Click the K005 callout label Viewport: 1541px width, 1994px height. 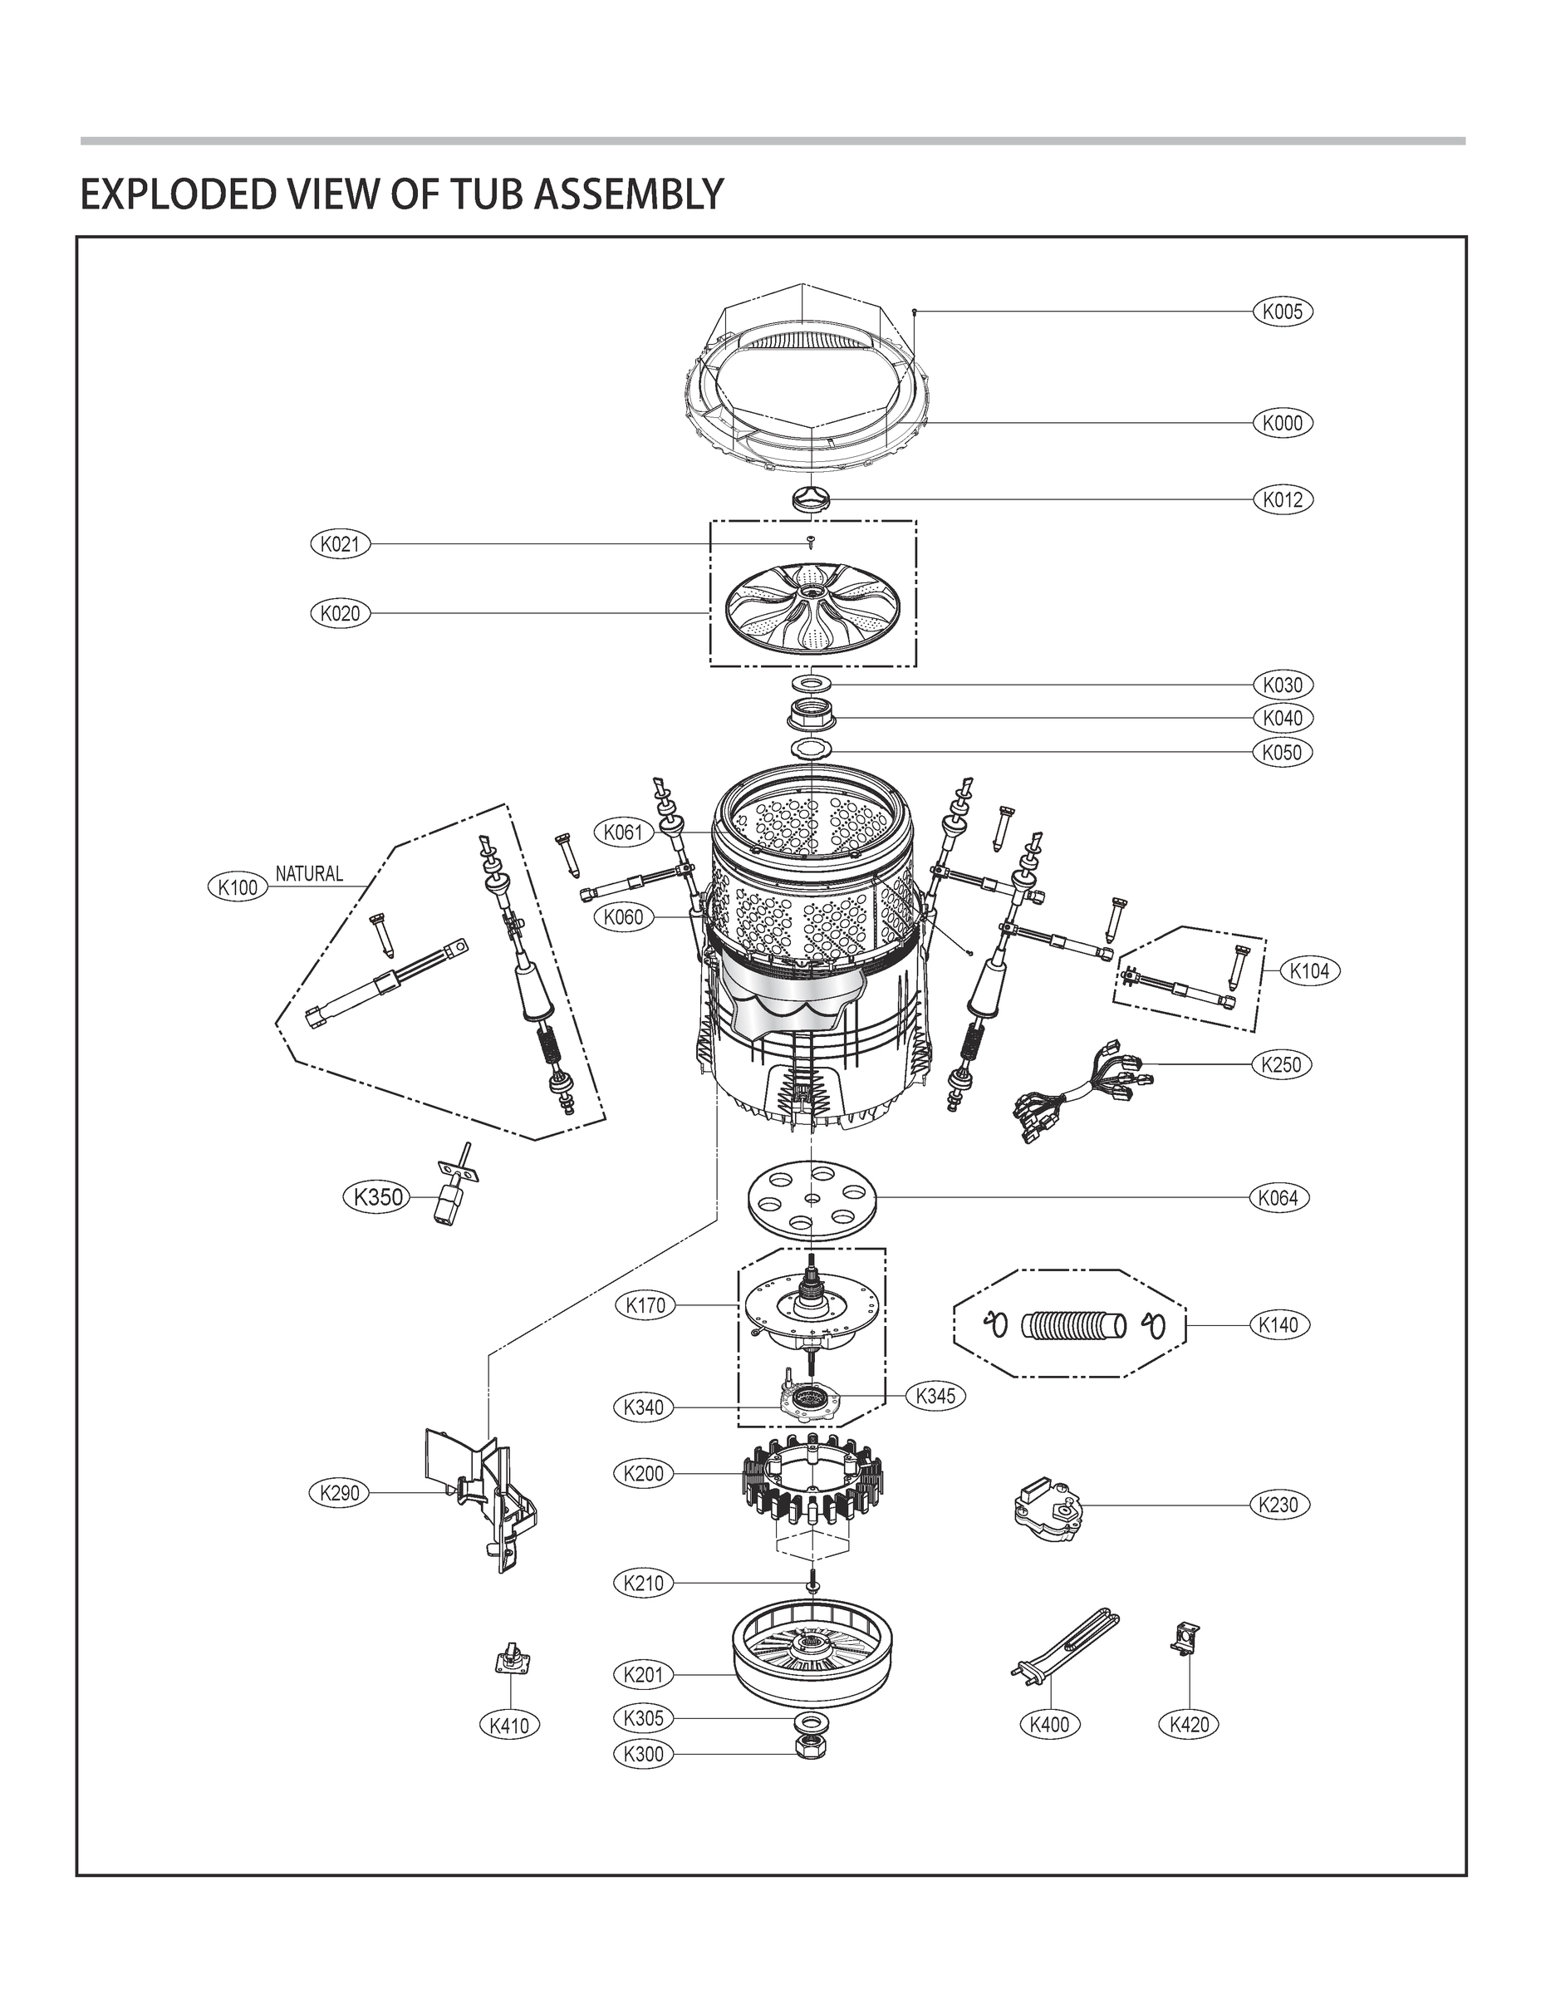coord(1282,312)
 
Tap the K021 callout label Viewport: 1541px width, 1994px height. coord(341,544)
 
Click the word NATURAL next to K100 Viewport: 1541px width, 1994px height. coord(310,874)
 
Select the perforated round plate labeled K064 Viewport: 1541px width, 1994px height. coord(811,1197)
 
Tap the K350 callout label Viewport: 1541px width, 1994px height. coord(377,1196)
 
